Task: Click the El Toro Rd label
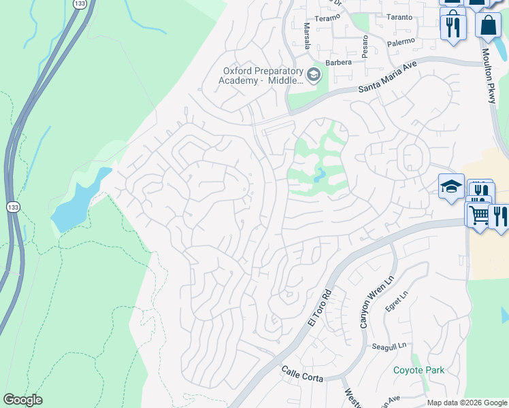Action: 318,308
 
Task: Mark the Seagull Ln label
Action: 389,346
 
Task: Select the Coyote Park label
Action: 418,370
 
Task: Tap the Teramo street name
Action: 327,18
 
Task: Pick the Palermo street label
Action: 401,42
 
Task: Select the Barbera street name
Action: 338,62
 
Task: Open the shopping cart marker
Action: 478,215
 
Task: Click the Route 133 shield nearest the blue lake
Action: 12,206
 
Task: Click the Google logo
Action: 22,400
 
